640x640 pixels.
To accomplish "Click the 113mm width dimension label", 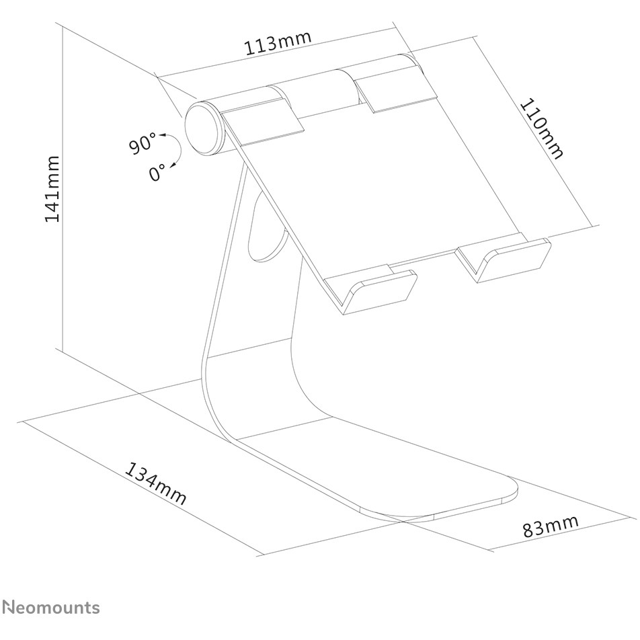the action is [278, 43].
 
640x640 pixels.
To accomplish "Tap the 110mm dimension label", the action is [542, 128].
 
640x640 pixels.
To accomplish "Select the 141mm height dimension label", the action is [52, 188].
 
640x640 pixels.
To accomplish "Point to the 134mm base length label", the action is [155, 483].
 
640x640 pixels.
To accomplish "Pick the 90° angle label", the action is [143, 143].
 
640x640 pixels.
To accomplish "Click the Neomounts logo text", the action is [51, 607].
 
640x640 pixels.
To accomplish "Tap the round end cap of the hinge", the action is [203, 130].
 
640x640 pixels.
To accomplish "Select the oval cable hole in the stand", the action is [266, 229].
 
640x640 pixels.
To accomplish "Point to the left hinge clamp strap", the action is [262, 116].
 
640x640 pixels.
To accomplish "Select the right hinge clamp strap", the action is [394, 83].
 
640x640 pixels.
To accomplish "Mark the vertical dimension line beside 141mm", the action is [63, 187].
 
